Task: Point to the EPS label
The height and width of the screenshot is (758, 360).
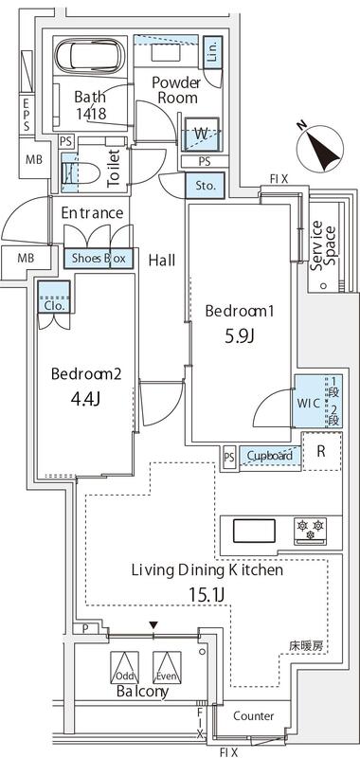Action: [x=27, y=114]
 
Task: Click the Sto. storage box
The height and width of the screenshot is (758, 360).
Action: [x=206, y=186]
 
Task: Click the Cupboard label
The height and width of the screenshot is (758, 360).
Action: [x=269, y=456]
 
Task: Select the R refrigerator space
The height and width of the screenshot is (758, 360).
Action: [x=320, y=452]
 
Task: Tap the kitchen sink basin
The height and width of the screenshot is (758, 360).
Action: [x=254, y=529]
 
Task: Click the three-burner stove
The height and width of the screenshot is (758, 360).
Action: [x=310, y=528]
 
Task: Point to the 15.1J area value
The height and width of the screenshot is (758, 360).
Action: [x=207, y=596]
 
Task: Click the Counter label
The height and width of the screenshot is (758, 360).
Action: [x=253, y=716]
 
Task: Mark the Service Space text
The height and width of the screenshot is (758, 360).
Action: [x=324, y=244]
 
